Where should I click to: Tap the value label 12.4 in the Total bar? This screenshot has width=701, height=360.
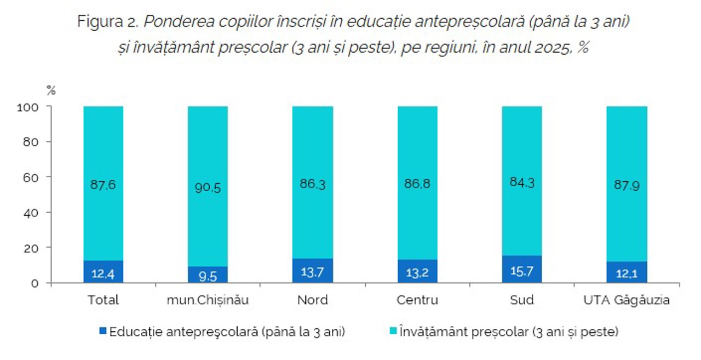[x=103, y=273]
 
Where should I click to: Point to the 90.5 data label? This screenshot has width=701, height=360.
[x=208, y=187]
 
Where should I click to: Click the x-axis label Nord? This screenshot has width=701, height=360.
[x=313, y=300]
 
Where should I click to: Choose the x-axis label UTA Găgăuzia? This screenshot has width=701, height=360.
[x=627, y=300]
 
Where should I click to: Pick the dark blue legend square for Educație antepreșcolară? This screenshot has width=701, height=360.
[x=103, y=332]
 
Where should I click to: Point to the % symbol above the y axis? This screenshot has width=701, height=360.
[x=50, y=91]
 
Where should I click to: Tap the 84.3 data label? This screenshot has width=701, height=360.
[x=522, y=185]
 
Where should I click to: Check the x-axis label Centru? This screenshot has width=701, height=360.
[x=417, y=300]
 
